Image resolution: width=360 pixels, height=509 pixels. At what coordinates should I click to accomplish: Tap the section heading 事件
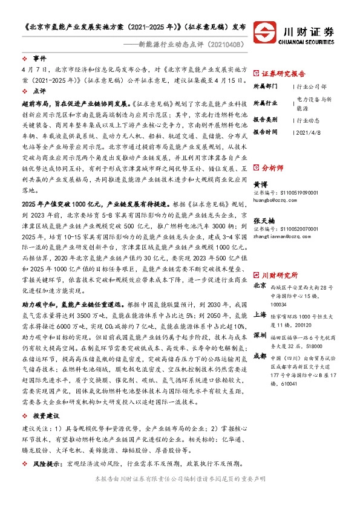39,59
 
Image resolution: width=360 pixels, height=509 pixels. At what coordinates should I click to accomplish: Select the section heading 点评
39,91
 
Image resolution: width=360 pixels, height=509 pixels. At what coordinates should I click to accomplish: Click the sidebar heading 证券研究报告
283,72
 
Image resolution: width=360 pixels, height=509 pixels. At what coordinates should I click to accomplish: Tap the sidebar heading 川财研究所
279,257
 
